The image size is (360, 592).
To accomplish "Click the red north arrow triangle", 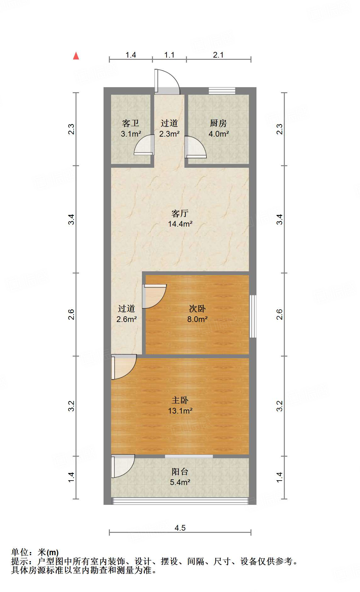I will point(76,56).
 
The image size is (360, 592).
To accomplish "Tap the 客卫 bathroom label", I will point(131,123).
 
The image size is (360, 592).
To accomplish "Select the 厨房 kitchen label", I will point(218,123).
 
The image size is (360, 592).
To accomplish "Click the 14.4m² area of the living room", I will point(180,224).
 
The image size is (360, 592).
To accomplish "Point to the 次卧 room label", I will point(197,308).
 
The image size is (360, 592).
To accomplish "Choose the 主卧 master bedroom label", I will point(180,400).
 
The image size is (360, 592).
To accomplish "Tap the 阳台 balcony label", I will point(180,471).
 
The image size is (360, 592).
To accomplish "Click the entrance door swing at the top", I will point(166,82).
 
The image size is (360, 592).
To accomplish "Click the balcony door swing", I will point(122,466).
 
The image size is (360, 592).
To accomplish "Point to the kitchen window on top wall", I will point(222,91).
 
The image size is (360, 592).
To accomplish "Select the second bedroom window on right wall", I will point(252,316).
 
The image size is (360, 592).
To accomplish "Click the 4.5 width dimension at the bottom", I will point(180,528).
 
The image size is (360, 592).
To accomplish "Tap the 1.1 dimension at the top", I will point(169,55).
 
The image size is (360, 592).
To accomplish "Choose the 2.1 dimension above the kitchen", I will point(218,55).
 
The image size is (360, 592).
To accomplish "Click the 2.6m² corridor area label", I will point(127,319).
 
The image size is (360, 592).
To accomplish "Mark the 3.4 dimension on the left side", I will point(72,219).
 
